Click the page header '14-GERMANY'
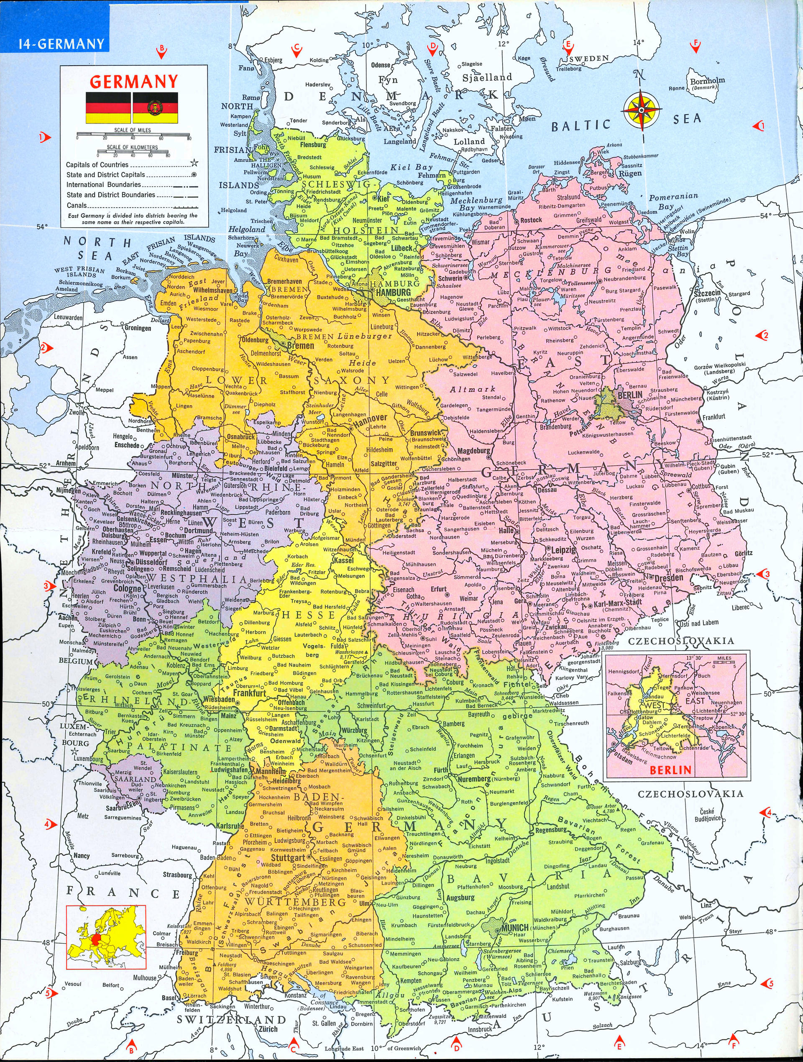(x=61, y=44)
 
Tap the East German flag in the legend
(x=155, y=107)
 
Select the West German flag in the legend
(x=108, y=107)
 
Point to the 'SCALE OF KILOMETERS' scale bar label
(x=132, y=147)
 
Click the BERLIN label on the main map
(x=630, y=395)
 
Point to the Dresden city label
(x=669, y=578)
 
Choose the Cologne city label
(x=127, y=588)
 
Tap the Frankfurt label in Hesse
(x=250, y=693)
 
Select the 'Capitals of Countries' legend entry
(x=97, y=165)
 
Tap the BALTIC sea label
(x=580, y=126)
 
